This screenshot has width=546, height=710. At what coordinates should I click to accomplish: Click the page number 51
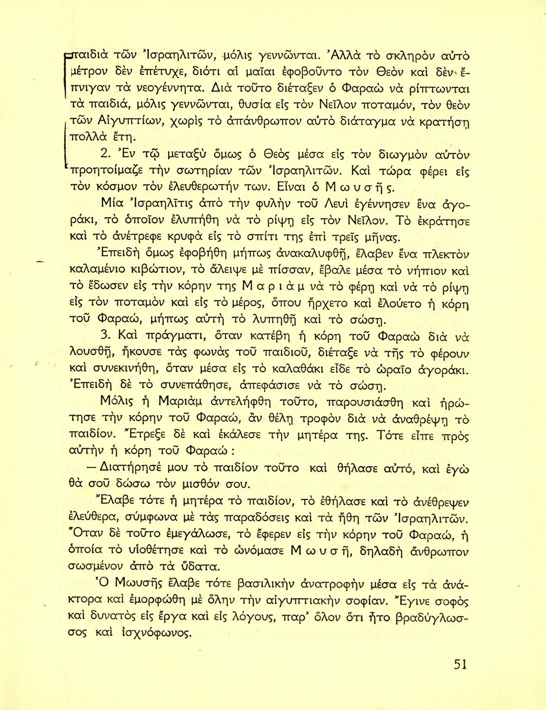pos(460,664)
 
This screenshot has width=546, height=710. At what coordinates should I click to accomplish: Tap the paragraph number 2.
pos(106,155)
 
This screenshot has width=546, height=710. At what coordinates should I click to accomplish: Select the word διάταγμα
pos(362,122)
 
